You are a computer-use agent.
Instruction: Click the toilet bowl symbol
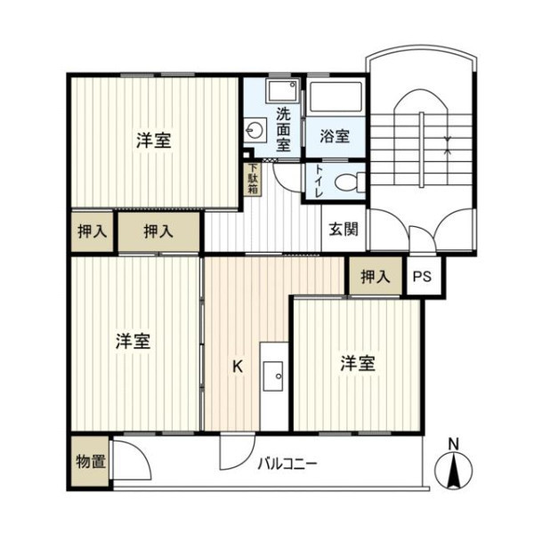coord(350,182)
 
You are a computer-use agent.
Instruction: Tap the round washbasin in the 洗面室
coord(254,130)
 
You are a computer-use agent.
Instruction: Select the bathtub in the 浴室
coord(336,97)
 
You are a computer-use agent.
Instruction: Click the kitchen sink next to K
coord(273,376)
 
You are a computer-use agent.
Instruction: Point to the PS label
coord(422,276)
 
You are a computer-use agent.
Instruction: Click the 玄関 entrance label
coord(344,230)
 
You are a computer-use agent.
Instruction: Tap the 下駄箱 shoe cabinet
coord(253,180)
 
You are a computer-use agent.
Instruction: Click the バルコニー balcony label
coord(287,464)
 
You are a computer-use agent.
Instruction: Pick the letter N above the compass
coord(454,444)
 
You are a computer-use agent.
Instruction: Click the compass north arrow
coord(454,472)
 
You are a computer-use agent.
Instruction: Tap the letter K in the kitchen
coord(238,367)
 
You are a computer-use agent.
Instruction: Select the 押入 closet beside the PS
coord(376,277)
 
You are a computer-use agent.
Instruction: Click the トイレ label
coord(320,182)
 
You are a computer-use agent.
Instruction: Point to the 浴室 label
coord(335,136)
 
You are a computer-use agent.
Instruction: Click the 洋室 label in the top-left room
coord(154,140)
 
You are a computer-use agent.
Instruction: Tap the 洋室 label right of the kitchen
coord(358,363)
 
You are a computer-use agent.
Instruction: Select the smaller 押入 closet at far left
coord(93,232)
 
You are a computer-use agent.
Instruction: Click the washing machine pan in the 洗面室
coord(282,92)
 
